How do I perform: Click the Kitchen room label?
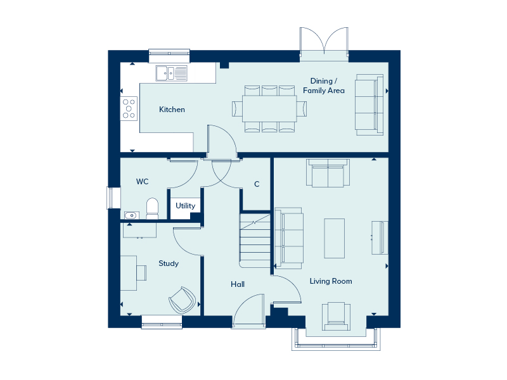172,110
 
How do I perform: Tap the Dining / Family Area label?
324,85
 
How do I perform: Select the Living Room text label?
331,281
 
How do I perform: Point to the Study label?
169,263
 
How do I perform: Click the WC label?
142,182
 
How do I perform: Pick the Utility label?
185,206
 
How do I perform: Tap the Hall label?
238,284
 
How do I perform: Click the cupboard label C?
257,184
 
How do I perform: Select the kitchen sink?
171,73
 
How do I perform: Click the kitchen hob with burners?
129,109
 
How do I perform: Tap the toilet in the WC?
152,209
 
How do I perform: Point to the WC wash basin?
132,215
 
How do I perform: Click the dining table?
269,108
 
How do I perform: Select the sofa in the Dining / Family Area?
369,104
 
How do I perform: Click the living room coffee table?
335,238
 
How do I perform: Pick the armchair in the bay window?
336,316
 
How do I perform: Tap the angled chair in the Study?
182,300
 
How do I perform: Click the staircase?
255,241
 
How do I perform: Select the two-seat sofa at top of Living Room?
328,173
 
